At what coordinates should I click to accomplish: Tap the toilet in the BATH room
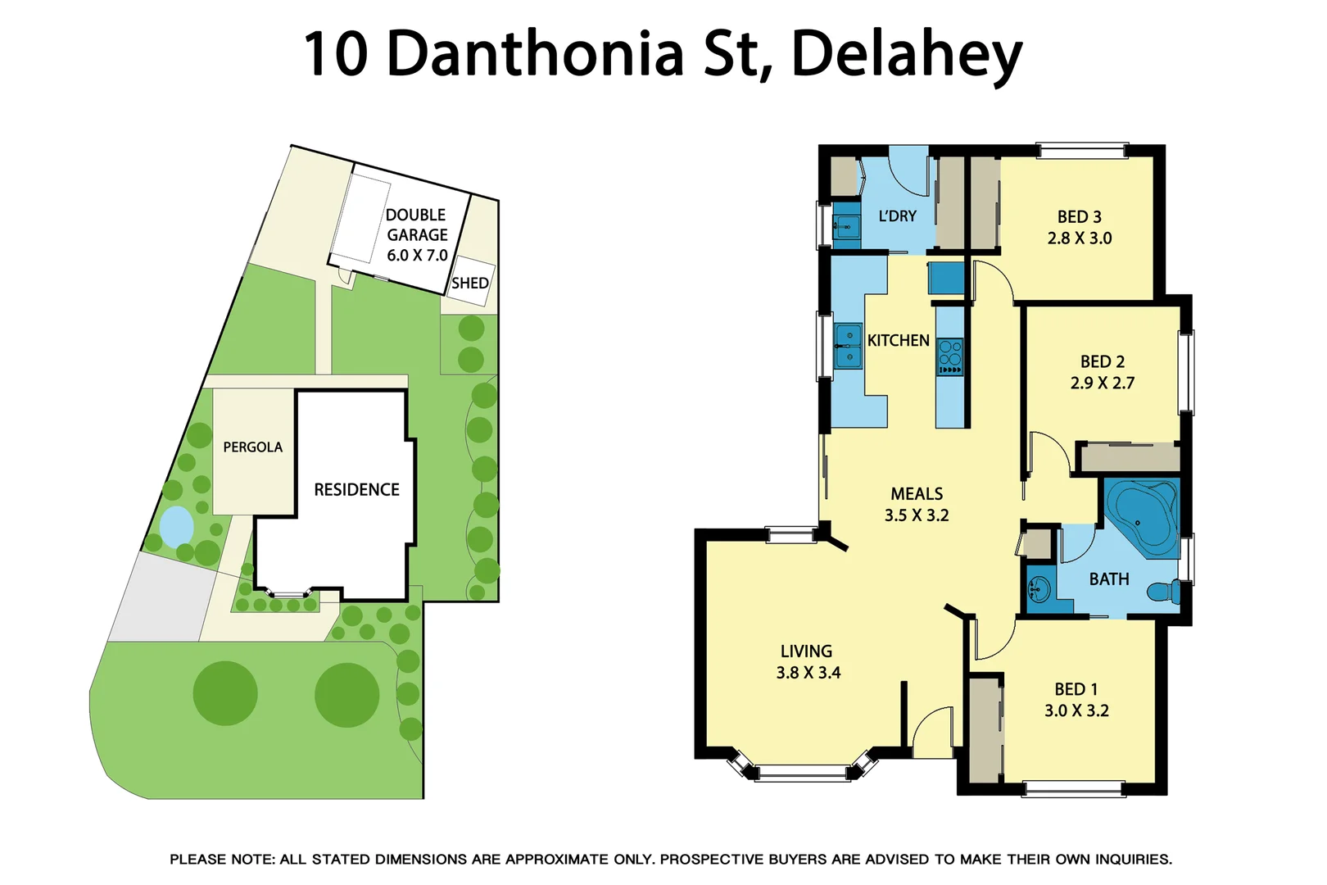tap(1163, 591)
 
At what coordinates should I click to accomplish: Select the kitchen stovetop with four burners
tap(950, 356)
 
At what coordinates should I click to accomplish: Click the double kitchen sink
tap(848, 347)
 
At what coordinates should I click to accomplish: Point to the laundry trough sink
tap(845, 225)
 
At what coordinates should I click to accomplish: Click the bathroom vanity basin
tap(1039, 588)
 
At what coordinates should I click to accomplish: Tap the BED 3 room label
tap(1079, 216)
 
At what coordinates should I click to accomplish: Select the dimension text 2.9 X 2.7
tap(1102, 383)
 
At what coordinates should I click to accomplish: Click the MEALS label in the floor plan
tap(917, 493)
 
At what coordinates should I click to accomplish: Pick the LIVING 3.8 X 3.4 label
tap(808, 662)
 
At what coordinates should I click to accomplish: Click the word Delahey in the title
tap(906, 54)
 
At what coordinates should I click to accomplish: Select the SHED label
tap(470, 284)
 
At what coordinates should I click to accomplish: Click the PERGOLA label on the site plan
tap(252, 447)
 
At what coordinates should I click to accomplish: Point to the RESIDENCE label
tap(356, 489)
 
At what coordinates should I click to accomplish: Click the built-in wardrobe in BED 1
tap(985, 729)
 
